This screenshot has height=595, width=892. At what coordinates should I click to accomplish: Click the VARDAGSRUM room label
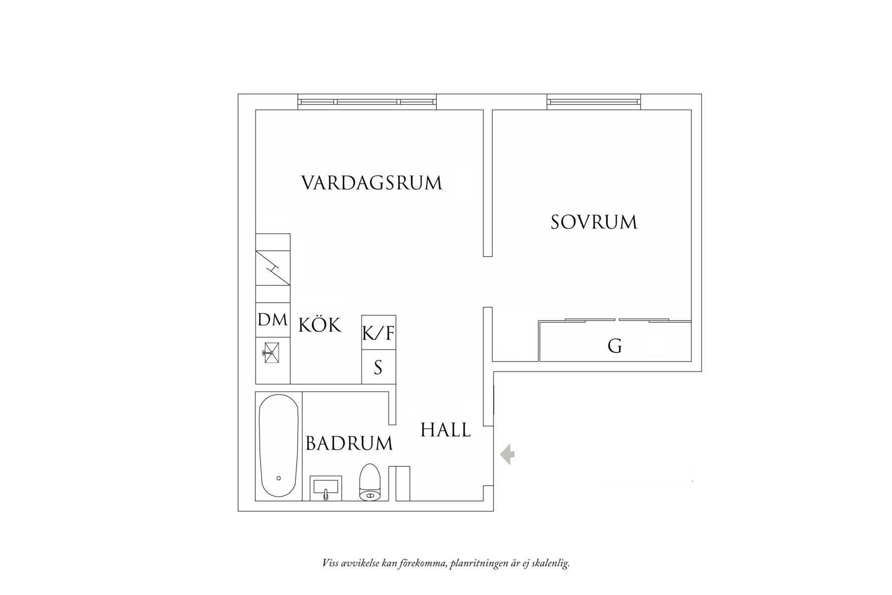371,183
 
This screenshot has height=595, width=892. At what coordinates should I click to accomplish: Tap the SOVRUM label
594,222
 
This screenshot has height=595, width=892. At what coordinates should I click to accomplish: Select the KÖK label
320,325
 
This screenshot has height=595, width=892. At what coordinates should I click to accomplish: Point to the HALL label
445,430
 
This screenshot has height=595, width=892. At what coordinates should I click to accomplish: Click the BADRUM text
349,444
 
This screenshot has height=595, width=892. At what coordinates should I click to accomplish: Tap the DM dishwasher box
273,320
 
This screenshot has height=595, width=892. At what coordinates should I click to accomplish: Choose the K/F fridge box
378,332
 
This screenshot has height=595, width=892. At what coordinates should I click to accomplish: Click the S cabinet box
378,367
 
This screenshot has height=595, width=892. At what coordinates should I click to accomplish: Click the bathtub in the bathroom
279,446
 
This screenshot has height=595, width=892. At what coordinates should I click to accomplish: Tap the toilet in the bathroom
370,482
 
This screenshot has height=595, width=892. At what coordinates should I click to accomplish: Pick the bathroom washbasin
326,488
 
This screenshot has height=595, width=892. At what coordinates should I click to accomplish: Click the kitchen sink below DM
271,353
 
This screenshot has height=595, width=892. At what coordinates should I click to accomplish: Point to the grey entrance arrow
508,455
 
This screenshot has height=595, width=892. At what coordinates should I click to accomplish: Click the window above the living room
367,102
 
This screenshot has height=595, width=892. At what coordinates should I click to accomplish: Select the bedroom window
594,102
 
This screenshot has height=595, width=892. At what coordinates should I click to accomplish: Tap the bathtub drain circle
279,478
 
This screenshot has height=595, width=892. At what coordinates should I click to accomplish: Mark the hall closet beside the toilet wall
403,483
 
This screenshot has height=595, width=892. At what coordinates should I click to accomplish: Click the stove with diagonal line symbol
273,268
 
